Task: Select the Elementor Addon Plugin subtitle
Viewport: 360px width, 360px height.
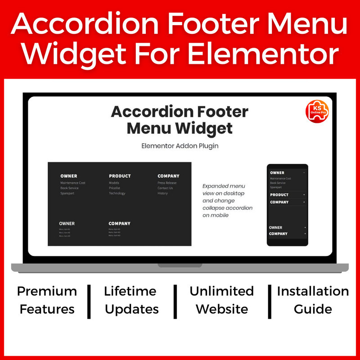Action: click(x=180, y=146)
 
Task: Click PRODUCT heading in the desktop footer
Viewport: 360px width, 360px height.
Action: click(x=120, y=176)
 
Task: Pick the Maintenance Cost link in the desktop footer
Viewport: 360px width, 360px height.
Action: click(x=73, y=183)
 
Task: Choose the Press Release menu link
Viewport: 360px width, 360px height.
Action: click(x=167, y=183)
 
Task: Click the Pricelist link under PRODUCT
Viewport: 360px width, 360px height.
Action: click(x=114, y=188)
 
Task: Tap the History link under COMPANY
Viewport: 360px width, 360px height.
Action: click(x=162, y=193)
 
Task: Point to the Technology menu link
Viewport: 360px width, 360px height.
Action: click(x=117, y=193)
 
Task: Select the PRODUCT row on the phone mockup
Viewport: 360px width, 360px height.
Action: click(x=287, y=195)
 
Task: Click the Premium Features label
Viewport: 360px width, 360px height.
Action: click(x=47, y=300)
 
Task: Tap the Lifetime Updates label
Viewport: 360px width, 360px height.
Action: click(x=131, y=300)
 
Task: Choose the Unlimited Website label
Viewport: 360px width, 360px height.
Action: click(x=222, y=300)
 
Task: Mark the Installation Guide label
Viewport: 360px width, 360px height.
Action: click(x=313, y=300)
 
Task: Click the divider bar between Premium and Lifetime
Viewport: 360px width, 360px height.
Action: click(x=89, y=300)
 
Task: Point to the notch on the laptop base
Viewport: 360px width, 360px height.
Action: click(x=180, y=265)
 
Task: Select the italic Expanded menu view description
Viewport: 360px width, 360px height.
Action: click(x=227, y=200)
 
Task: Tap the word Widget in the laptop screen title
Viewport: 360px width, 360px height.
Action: click(x=203, y=128)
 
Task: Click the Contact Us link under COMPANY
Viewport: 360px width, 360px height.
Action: click(x=165, y=188)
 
